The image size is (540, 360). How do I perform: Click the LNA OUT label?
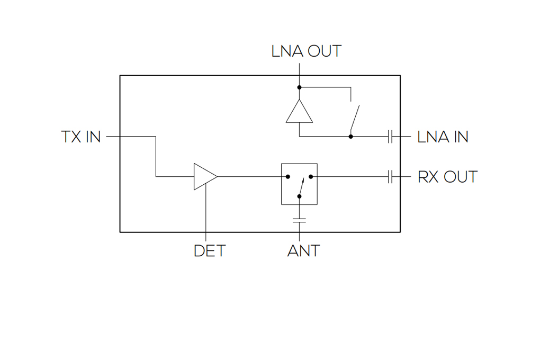point(306,51)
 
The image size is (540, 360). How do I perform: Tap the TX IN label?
point(81,137)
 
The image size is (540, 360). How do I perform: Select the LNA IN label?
point(443,137)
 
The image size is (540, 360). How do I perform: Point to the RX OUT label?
point(447,177)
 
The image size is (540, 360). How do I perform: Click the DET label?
point(210,251)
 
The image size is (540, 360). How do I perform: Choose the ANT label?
point(303,251)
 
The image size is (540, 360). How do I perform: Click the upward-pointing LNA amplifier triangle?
point(299,111)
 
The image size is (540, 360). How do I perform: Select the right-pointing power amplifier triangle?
point(205,177)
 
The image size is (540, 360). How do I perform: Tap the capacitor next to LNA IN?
point(390,137)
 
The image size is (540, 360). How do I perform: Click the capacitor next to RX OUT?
point(390,177)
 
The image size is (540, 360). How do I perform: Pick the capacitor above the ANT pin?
point(299,220)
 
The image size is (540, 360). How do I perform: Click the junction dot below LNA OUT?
point(299,87)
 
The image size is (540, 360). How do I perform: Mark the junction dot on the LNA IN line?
point(350,137)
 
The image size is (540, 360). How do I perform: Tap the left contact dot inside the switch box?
point(288,177)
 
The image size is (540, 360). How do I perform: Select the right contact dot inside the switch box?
point(311,177)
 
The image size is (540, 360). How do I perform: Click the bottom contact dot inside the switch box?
point(299,196)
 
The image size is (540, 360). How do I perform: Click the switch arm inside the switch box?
point(302,187)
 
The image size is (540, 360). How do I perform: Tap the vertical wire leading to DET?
point(205,212)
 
